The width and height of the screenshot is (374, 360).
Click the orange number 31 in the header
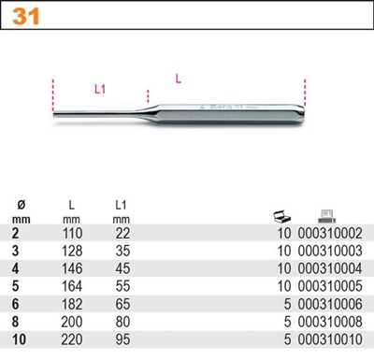[26, 16]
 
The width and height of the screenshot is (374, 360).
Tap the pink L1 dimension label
[100, 90]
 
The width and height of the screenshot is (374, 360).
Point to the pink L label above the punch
[179, 79]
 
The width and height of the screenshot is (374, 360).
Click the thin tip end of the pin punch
[54, 114]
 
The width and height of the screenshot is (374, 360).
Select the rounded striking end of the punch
[301, 114]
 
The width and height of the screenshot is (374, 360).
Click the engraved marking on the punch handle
[227, 108]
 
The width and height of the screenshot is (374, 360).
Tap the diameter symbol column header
[22, 205]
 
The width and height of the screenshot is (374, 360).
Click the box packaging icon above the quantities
[281, 216]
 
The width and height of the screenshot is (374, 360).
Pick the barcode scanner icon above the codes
[326, 216]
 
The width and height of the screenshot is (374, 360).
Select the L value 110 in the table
[72, 233]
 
